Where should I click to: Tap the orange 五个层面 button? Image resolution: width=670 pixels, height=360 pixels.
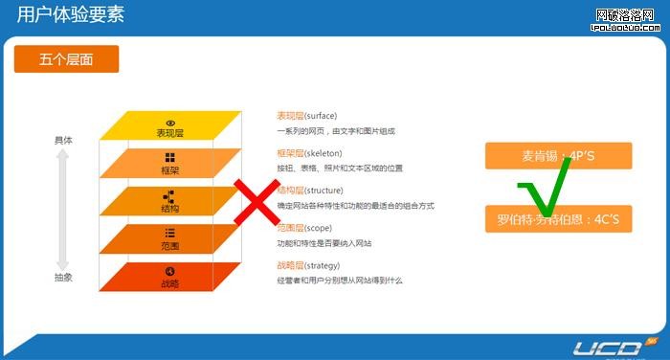click(66, 59)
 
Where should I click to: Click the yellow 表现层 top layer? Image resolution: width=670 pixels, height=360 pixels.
click(169, 127)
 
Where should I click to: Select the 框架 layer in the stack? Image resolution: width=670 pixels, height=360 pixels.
click(169, 165)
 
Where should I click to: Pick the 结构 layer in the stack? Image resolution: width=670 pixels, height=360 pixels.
click(169, 202)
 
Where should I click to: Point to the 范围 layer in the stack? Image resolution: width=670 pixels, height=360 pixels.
click(169, 239)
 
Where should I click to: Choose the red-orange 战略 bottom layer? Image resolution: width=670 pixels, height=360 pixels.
click(169, 278)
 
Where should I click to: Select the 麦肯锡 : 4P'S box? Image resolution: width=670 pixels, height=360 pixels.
click(558, 155)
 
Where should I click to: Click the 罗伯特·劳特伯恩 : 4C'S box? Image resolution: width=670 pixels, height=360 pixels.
click(558, 219)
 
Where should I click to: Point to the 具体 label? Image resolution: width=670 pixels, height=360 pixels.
click(63, 140)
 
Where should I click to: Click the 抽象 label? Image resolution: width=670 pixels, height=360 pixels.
click(63, 277)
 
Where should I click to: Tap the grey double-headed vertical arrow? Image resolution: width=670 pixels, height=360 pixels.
click(63, 208)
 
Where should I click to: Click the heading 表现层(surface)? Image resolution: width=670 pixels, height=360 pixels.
click(306, 116)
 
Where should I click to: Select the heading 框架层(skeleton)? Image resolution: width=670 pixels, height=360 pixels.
click(309, 153)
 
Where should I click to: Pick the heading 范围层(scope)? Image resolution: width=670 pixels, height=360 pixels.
click(303, 228)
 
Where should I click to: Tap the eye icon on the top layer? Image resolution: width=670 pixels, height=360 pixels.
click(170, 123)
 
